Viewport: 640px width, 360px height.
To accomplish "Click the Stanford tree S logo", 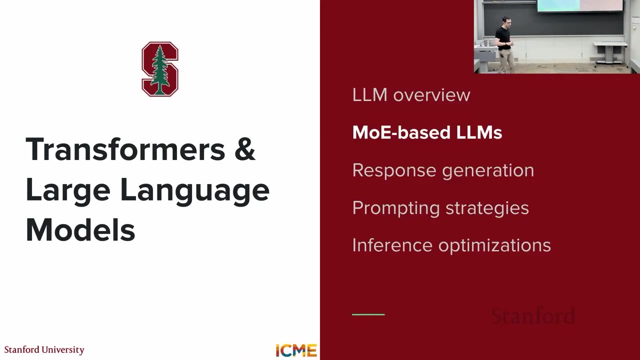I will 160,69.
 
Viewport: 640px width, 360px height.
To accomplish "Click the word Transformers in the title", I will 125,149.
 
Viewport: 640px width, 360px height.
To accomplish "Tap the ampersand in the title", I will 244,149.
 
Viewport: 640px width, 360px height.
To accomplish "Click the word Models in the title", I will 80,230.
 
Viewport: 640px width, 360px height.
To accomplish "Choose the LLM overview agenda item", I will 411,95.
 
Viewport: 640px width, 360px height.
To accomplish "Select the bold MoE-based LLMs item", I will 427,132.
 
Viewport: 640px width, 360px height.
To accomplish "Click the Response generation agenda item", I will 443,170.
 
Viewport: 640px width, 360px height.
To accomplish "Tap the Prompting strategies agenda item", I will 440,207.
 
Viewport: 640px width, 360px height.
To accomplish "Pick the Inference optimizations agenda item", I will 451,245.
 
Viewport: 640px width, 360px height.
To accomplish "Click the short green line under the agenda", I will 368,314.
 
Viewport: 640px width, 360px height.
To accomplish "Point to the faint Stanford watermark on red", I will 533,316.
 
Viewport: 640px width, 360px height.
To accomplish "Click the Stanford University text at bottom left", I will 44,349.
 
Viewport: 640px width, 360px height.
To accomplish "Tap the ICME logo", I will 296,350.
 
